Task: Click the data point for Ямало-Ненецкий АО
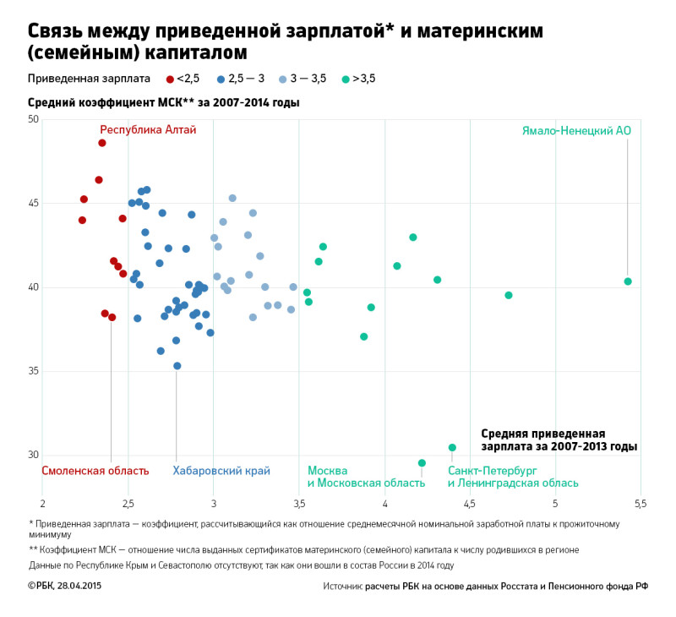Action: click(x=628, y=281)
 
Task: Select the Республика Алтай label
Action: click(x=148, y=130)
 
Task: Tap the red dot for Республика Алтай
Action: click(x=102, y=143)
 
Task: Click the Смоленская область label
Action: click(x=95, y=471)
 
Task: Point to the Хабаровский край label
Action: click(x=221, y=471)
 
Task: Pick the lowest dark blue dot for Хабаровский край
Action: click(x=177, y=366)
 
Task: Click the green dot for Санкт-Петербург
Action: click(x=452, y=447)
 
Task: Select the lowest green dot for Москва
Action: click(x=422, y=463)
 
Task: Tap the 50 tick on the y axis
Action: click(x=33, y=119)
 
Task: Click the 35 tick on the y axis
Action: click(x=33, y=371)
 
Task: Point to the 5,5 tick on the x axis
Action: click(x=640, y=505)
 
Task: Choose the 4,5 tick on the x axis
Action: click(x=470, y=505)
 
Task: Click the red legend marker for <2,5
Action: click(x=170, y=79)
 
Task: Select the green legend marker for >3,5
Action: click(x=346, y=79)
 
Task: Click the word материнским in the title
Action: click(x=477, y=31)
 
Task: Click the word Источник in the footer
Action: click(x=342, y=586)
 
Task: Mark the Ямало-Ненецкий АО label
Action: click(x=576, y=131)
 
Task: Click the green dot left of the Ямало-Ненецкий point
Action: click(x=509, y=295)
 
